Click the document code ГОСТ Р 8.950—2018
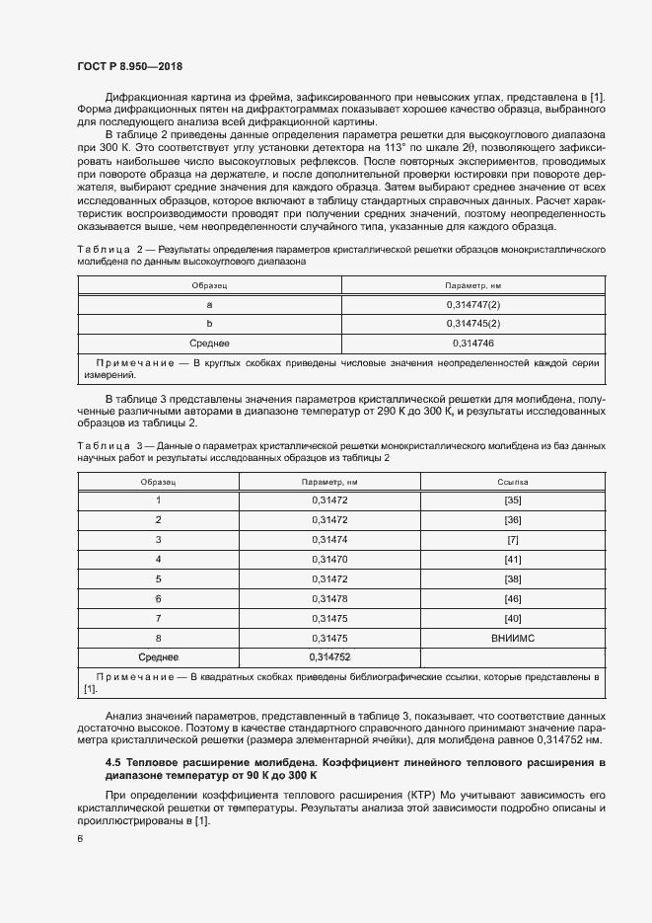pyautogui.click(x=129, y=64)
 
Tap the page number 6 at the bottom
pyautogui.click(x=79, y=839)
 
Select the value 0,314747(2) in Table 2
pyautogui.click(x=473, y=305)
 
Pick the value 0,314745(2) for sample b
pyautogui.click(x=473, y=324)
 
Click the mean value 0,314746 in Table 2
pyautogui.click(x=473, y=343)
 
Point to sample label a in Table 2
pyautogui.click(x=209, y=305)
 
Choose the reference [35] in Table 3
pyautogui.click(x=512, y=500)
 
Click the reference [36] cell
pyautogui.click(x=512, y=520)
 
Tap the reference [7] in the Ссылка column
pyautogui.click(x=512, y=540)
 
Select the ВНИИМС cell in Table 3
pyautogui.click(x=512, y=638)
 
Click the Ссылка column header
pyautogui.click(x=512, y=482)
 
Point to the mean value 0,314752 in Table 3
pyautogui.click(x=329, y=657)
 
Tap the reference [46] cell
pyautogui.click(x=512, y=599)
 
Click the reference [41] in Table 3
pyautogui.click(x=512, y=560)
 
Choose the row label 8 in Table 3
pyautogui.click(x=158, y=638)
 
